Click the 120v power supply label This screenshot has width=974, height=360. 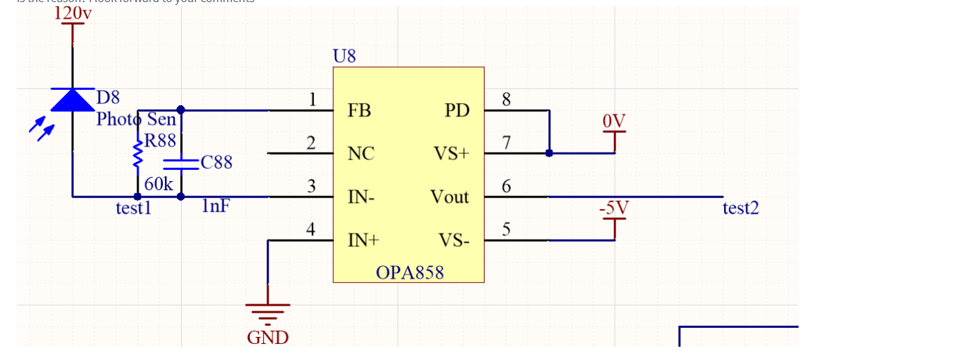pyautogui.click(x=72, y=13)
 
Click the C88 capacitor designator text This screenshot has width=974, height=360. pyautogui.click(x=217, y=163)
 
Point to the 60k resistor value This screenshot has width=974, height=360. pyautogui.click(x=159, y=185)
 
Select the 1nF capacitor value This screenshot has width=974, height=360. pyautogui.click(x=216, y=206)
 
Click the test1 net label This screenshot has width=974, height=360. pyautogui.click(x=133, y=208)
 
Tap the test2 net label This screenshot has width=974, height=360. pyautogui.click(x=741, y=208)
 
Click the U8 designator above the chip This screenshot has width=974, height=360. pyautogui.click(x=345, y=56)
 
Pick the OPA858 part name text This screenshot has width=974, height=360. pyautogui.click(x=409, y=272)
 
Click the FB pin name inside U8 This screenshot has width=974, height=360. pyautogui.click(x=359, y=111)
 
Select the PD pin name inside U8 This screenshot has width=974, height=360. pyautogui.click(x=457, y=111)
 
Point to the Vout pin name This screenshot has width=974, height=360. pyautogui.click(x=450, y=198)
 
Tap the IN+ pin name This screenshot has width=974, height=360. pyautogui.click(x=363, y=241)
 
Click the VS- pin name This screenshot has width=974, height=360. pyautogui.click(x=454, y=241)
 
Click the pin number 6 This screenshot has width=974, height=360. pyautogui.click(x=506, y=186)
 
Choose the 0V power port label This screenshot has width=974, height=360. pyautogui.click(x=614, y=122)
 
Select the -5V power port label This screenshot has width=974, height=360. pyautogui.click(x=613, y=208)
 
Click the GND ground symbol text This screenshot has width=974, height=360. pyautogui.click(x=267, y=338)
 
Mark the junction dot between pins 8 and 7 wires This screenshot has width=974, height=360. pyautogui.click(x=549, y=153)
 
